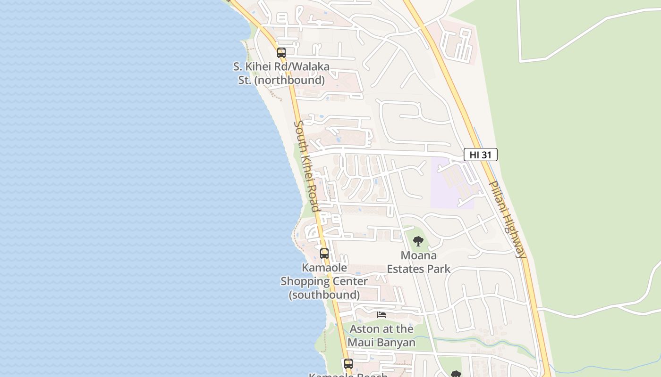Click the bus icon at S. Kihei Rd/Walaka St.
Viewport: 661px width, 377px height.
[281, 52]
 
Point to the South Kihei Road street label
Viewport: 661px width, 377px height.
[306, 166]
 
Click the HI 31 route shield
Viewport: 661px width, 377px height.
[480, 154]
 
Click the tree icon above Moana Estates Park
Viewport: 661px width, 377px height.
[418, 242]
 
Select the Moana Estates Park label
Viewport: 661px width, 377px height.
[418, 262]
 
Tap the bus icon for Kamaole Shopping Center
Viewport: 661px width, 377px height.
[324, 253]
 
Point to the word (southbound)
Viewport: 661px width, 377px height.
[324, 295]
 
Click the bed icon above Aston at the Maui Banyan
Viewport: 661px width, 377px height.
[381, 314]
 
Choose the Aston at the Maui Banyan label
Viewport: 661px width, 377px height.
[381, 336]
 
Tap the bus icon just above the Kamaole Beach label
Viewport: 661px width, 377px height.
[348, 363]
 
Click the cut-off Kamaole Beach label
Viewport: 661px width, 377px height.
[348, 375]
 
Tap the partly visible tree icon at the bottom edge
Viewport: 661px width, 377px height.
[456, 374]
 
